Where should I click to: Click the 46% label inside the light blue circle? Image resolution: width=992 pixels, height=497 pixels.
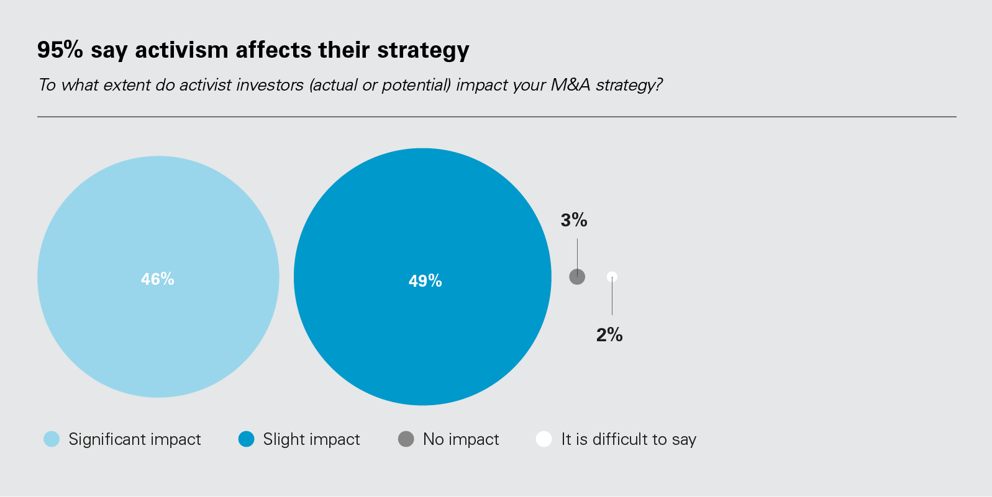click(x=158, y=279)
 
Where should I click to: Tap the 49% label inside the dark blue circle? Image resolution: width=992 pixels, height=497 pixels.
click(x=425, y=281)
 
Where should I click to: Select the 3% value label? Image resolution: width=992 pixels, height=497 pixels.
click(x=574, y=220)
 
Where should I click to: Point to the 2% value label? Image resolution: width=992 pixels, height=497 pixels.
click(x=609, y=335)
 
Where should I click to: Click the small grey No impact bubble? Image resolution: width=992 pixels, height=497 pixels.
click(x=577, y=277)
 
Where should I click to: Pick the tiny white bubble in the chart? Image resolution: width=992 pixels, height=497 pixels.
click(x=612, y=276)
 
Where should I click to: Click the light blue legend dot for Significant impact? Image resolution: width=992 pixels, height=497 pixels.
click(x=52, y=439)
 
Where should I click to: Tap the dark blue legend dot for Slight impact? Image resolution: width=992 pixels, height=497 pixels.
click(x=247, y=439)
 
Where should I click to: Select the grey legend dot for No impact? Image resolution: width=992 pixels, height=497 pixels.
click(x=406, y=439)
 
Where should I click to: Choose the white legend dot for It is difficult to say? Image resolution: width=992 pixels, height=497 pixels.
click(x=544, y=439)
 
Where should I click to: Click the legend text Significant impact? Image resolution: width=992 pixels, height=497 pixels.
click(x=135, y=439)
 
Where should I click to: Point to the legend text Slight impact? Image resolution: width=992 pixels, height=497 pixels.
click(x=311, y=439)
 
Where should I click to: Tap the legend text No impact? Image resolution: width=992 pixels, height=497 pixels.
click(x=461, y=439)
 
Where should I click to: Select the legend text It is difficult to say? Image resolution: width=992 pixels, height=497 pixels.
click(x=629, y=439)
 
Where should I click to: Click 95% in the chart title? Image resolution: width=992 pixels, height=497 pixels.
click(x=60, y=50)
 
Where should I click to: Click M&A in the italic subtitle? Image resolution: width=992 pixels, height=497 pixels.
click(x=570, y=84)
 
